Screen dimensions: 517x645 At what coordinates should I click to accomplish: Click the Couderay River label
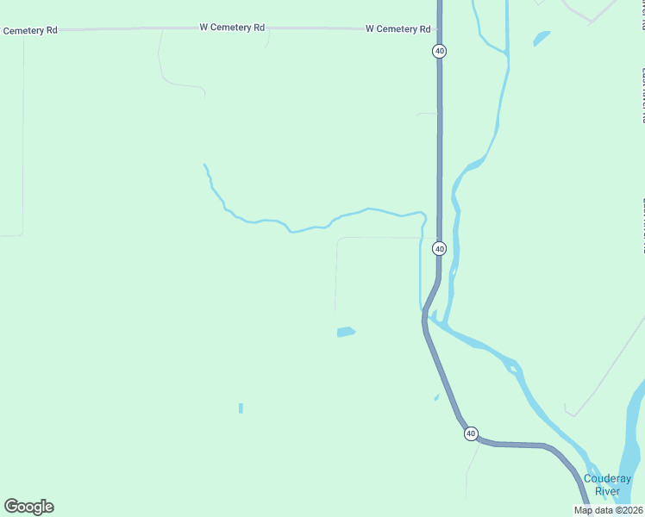point(607,485)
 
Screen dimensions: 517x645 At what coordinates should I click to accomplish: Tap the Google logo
point(28,507)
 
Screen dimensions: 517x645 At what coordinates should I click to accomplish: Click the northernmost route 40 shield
point(440,52)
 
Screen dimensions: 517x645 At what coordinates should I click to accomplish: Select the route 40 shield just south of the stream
point(440,248)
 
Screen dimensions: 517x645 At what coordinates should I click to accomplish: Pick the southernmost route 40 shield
point(471,433)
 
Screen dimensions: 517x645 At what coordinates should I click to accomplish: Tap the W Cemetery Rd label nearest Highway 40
point(398,28)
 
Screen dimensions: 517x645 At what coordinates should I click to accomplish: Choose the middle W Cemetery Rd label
point(232,28)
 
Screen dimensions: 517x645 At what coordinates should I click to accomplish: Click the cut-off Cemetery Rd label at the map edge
point(29,30)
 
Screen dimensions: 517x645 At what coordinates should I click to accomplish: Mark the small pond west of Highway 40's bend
point(346,332)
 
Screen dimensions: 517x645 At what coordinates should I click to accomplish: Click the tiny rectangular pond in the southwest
point(241,408)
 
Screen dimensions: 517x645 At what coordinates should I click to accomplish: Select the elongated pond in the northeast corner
point(542,38)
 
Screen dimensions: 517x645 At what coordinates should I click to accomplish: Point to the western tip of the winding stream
point(204,165)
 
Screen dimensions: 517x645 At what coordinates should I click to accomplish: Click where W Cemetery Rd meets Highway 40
point(439,28)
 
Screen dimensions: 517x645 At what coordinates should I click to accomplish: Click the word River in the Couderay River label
point(607,491)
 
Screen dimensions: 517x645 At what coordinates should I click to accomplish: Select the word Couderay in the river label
point(607,479)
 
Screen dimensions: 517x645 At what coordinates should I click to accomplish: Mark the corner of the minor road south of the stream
point(338,240)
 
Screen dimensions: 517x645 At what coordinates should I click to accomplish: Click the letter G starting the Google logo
point(12,506)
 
